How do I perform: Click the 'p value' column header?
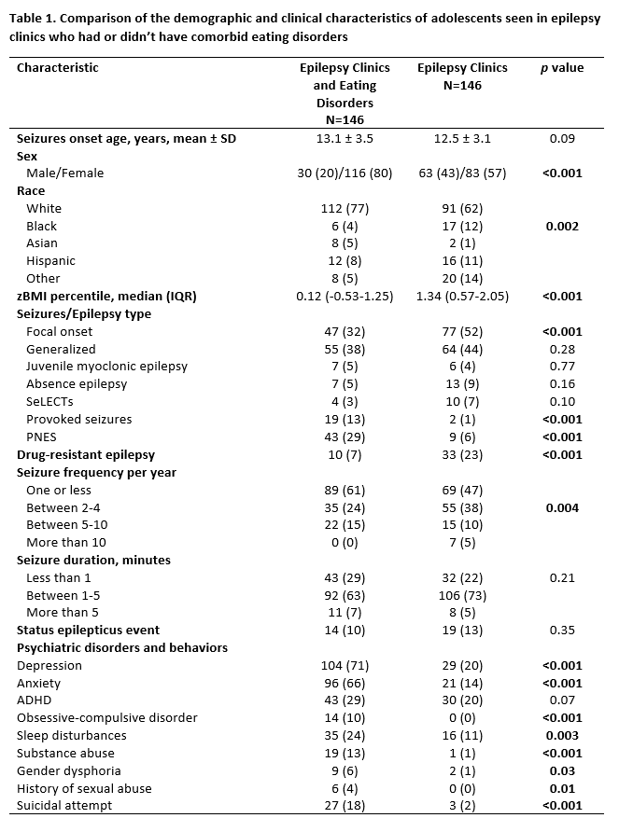(562, 68)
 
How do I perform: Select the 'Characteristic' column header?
(57, 68)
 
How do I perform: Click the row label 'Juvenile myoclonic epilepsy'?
(106, 367)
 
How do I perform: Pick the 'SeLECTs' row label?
(52, 402)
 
